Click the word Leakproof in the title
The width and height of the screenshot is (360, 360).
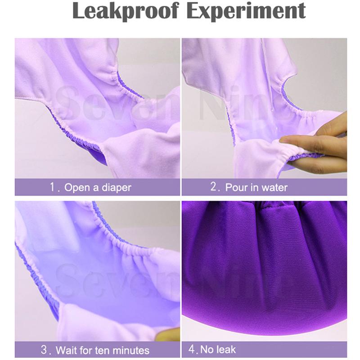(126, 11)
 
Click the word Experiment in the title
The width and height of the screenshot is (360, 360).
(246, 11)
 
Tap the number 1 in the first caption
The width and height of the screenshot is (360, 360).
(52, 187)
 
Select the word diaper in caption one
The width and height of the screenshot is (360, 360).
(117, 188)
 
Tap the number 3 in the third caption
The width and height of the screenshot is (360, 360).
(44, 350)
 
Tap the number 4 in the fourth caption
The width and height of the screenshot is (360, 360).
(192, 349)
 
